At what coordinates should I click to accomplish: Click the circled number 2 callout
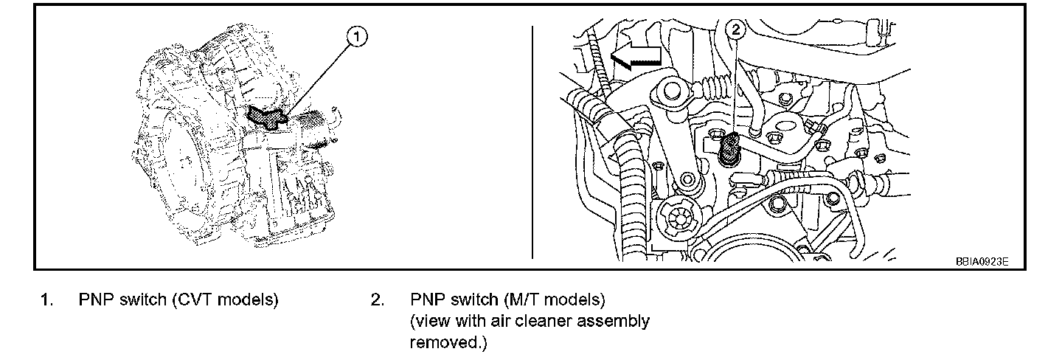point(737,30)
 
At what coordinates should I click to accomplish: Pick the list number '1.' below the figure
point(46,301)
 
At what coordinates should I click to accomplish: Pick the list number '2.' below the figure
point(378,301)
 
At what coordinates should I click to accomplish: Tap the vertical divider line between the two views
point(532,140)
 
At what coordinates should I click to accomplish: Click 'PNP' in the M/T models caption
point(427,301)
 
